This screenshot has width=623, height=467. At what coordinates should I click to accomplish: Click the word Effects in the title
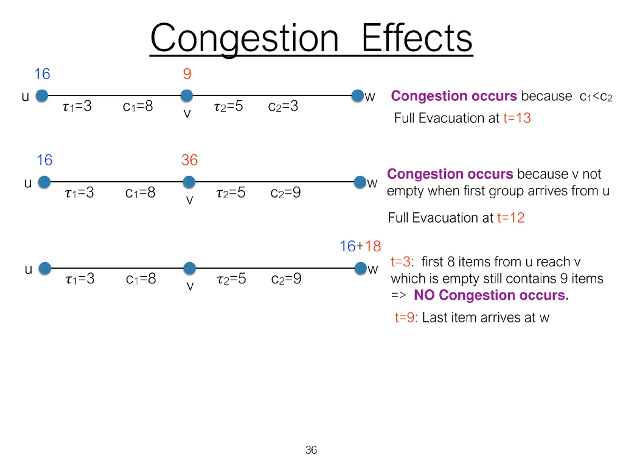click(x=417, y=38)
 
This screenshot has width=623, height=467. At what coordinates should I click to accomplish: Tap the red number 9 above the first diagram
click(x=187, y=74)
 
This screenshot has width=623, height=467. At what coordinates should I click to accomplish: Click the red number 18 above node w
click(x=373, y=246)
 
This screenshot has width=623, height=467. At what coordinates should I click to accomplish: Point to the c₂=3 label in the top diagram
click(x=283, y=106)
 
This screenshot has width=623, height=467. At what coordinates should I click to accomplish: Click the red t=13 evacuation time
click(x=517, y=118)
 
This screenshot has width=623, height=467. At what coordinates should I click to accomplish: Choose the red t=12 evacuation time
click(x=511, y=218)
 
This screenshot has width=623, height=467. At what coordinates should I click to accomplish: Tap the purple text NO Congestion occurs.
click(x=491, y=295)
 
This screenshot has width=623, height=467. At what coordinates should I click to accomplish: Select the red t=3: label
click(x=402, y=262)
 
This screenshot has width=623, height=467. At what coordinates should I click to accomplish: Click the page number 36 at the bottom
click(x=311, y=450)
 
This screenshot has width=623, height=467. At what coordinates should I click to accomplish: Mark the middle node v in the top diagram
click(x=186, y=96)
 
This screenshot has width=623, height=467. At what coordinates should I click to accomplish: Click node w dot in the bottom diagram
click(x=360, y=268)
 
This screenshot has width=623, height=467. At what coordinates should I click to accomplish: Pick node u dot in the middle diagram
click(x=44, y=182)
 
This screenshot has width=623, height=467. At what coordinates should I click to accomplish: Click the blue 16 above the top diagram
click(x=42, y=74)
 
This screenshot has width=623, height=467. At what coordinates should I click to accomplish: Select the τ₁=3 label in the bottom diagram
click(x=80, y=279)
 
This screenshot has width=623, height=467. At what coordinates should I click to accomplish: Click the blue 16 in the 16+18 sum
click(x=348, y=246)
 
